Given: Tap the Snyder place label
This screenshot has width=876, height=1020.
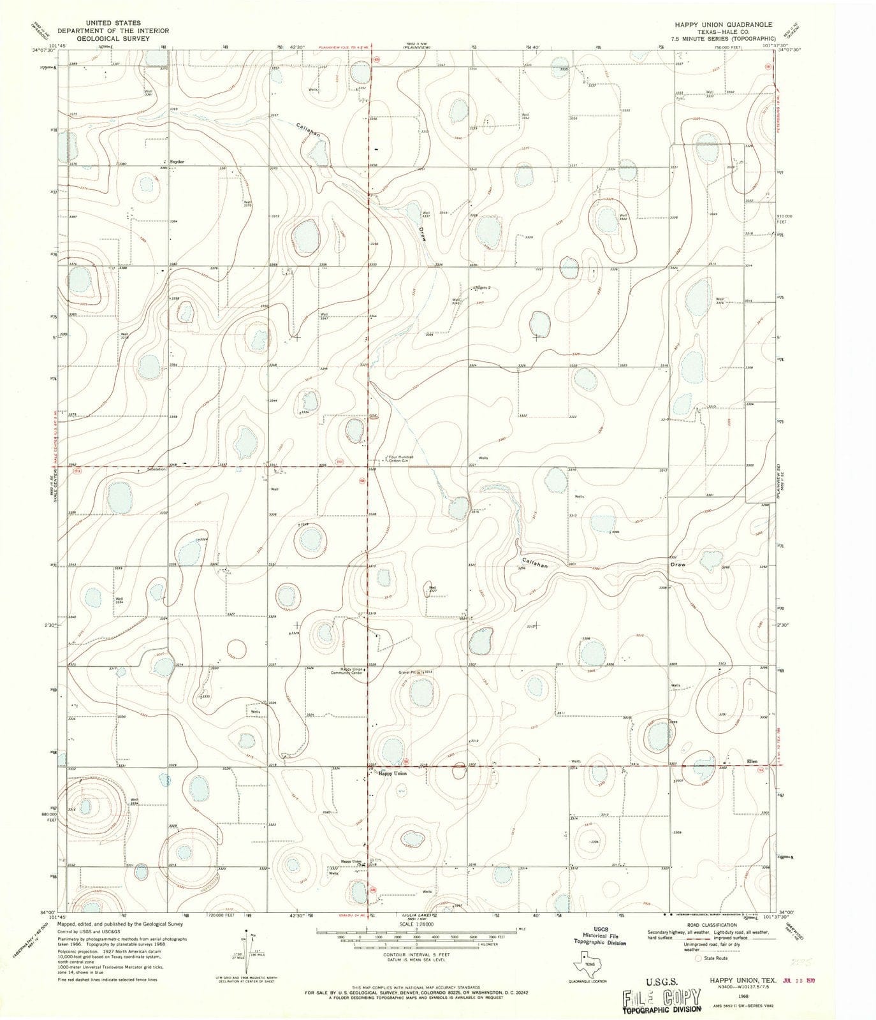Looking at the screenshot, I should (175, 162).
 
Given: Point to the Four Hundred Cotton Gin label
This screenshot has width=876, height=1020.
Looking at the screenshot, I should (402, 458).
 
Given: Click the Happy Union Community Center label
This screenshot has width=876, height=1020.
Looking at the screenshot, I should (351, 671).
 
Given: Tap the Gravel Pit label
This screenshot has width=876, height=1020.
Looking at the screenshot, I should (407, 672).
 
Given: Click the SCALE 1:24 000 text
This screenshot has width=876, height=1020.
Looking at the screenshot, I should (416, 923).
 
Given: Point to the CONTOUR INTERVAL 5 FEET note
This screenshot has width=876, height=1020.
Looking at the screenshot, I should (416, 954).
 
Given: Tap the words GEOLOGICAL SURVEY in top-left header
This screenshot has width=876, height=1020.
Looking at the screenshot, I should (112, 38).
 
